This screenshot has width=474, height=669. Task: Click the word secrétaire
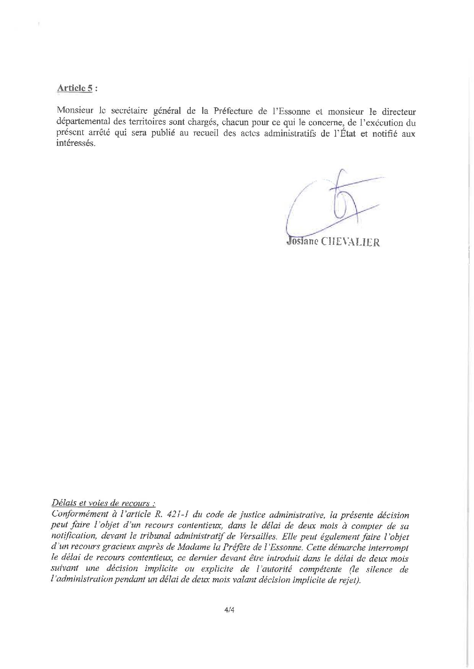[128, 112]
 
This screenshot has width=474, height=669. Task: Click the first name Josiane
[302, 242]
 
